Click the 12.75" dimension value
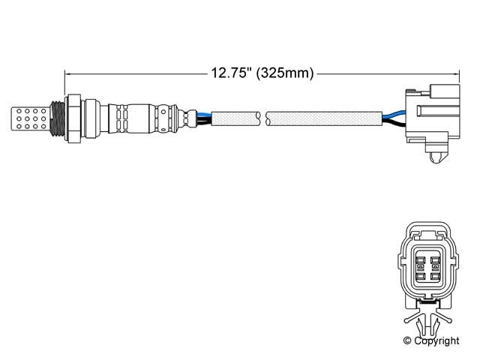[230, 73]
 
